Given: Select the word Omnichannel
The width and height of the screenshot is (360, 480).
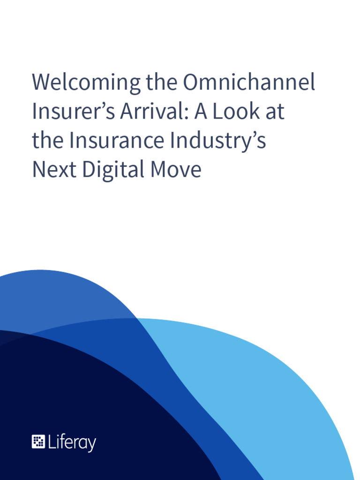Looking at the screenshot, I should click(249, 83).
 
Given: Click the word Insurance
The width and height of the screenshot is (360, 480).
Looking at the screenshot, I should click(117, 141).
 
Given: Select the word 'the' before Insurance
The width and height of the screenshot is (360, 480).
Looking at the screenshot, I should click(47, 141).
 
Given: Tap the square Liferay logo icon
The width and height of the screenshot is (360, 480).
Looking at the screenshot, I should click(38, 442).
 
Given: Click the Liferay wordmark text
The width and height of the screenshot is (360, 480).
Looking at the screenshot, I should click(72, 442).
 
